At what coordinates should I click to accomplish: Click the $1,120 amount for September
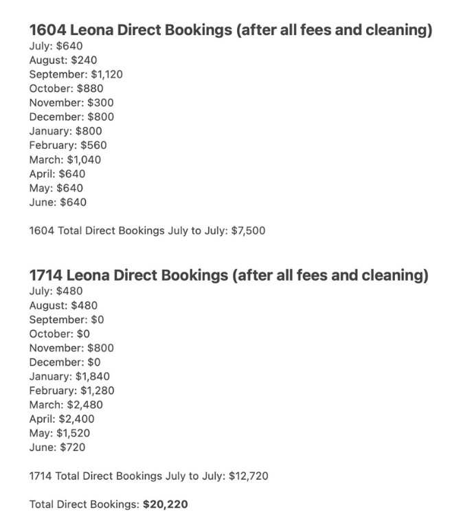[106, 74]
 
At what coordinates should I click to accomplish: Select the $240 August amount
[84, 60]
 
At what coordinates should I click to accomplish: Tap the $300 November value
[100, 102]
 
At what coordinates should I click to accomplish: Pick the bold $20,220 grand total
[165, 504]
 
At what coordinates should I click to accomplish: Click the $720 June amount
[74, 447]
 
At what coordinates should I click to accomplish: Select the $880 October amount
[91, 89]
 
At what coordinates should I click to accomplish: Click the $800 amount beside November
[100, 348]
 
